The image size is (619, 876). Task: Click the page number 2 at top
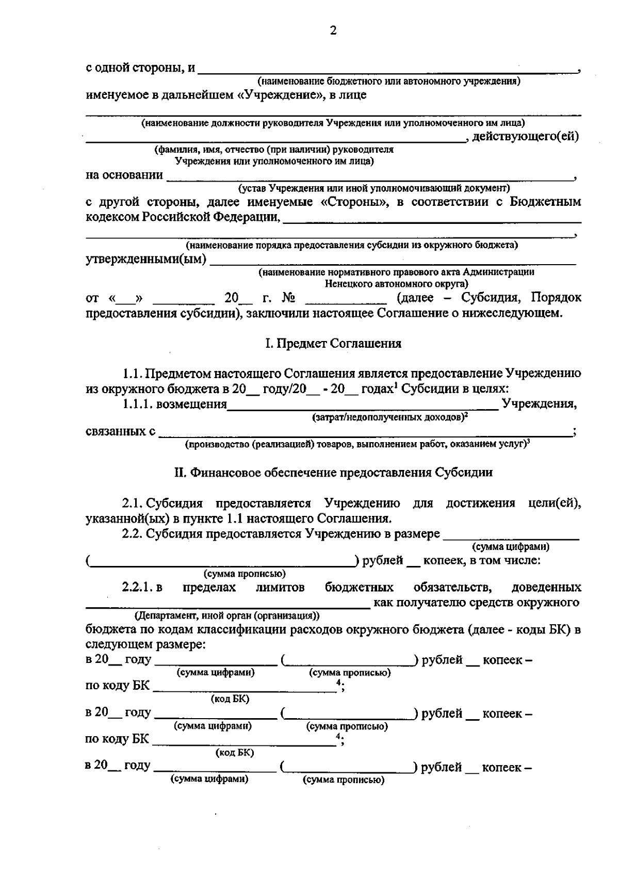click(333, 31)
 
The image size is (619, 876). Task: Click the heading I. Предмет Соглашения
click(333, 344)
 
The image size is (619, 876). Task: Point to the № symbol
click(288, 298)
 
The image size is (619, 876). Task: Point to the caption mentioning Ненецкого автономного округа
click(396, 284)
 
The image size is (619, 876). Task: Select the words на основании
click(124, 175)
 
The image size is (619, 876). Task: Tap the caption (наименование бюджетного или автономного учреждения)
click(389, 81)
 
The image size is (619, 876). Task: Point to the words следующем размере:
click(145, 645)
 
